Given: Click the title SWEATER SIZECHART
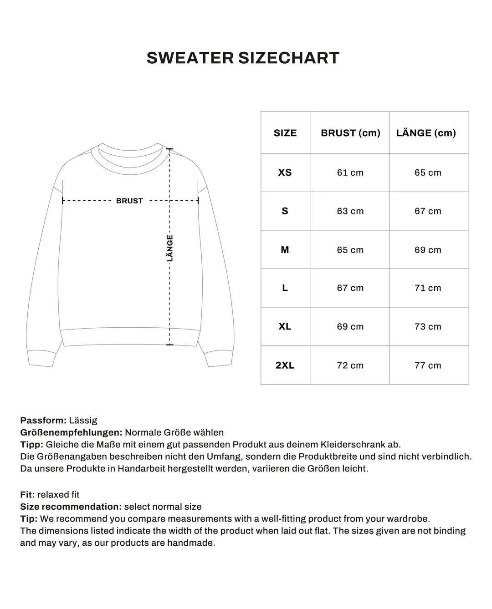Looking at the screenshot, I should tap(243, 58).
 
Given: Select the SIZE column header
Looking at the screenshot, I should tap(285, 133).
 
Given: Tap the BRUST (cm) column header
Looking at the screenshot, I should tap(350, 133).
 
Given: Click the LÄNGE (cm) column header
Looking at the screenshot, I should tap(426, 133).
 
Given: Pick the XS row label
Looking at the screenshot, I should tap(285, 173).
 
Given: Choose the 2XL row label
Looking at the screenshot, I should tap(285, 365).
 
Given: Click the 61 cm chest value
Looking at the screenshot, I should tap(350, 173).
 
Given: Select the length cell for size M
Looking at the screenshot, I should tap(428, 250).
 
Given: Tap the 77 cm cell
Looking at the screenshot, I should tap(428, 365).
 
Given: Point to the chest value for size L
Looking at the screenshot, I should tap(350, 288).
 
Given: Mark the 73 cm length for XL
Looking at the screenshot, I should tap(428, 327).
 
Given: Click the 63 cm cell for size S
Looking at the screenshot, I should tap(350, 211).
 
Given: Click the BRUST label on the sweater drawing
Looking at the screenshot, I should tap(129, 201).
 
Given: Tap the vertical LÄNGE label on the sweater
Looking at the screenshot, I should tap(170, 248).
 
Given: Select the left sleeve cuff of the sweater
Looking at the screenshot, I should tap(41, 359).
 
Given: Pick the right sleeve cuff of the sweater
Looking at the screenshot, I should tap(219, 359).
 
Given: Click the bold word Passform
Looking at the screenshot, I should tap(43, 421).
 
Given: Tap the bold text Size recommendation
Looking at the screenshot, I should tap(71, 507).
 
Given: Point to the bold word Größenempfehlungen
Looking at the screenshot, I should tap(71, 432).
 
